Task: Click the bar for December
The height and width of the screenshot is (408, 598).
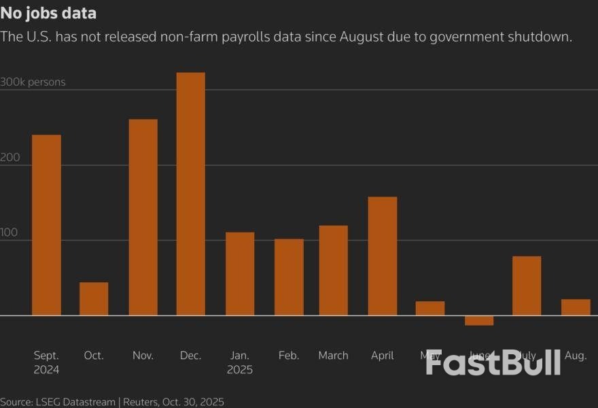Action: coord(190,194)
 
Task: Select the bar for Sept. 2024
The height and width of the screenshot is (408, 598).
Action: coord(46,225)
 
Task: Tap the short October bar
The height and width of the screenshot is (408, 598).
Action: coord(94,299)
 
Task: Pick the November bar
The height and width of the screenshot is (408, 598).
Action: coord(143,217)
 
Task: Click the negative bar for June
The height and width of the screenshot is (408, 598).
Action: coord(479,320)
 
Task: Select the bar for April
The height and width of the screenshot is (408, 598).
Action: coord(383,256)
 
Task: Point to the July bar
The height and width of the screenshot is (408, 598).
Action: coord(527,286)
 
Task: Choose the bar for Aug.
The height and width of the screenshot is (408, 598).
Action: coord(576,307)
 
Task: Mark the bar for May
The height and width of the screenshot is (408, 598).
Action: coord(430,308)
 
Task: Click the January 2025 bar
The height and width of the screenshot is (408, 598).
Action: coord(240,273)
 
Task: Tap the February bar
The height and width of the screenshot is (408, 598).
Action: coord(289,277)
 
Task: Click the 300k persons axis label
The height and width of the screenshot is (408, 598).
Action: coord(33,82)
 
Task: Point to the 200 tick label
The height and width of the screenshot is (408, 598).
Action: coord(10,157)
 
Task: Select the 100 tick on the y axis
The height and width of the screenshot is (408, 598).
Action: coord(10,233)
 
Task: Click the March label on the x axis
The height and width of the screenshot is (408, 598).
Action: coord(333,355)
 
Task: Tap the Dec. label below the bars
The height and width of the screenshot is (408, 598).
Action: coord(190,355)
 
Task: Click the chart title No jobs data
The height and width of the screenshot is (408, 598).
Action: coord(48,13)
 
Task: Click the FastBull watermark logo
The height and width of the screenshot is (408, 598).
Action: coord(493,362)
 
